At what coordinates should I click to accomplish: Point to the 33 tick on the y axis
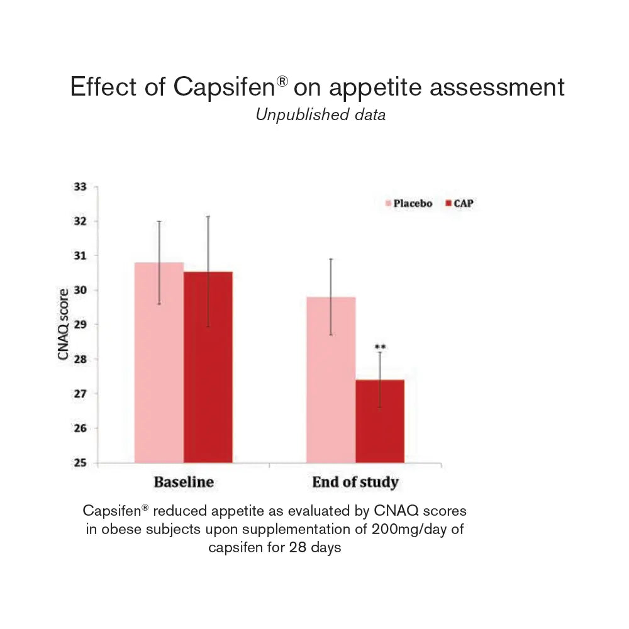(79, 187)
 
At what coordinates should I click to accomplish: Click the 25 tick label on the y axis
(79, 463)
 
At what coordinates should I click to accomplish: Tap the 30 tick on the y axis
(79, 291)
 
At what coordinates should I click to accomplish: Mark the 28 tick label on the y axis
(79, 359)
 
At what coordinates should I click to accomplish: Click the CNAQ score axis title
(62, 325)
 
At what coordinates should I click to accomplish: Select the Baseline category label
(184, 482)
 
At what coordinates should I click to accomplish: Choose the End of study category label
(355, 482)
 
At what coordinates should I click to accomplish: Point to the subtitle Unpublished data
(321, 114)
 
